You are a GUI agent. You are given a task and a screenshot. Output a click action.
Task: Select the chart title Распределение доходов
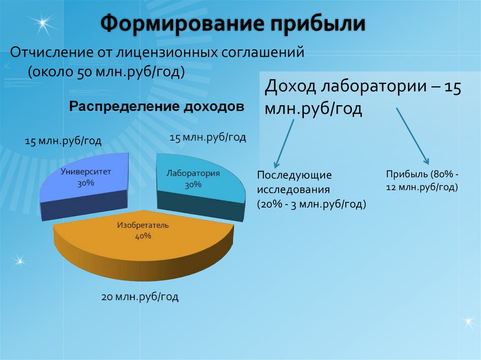click(157, 107)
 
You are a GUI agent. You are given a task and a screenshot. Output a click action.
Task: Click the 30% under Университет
click(86, 183)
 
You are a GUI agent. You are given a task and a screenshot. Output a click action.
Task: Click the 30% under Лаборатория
click(193, 185)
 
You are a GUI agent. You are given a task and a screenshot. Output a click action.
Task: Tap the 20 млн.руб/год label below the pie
click(140, 297)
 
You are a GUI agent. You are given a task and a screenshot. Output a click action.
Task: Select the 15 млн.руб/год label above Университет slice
click(63, 141)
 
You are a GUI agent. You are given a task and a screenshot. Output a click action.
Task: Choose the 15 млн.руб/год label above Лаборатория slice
click(207, 138)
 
